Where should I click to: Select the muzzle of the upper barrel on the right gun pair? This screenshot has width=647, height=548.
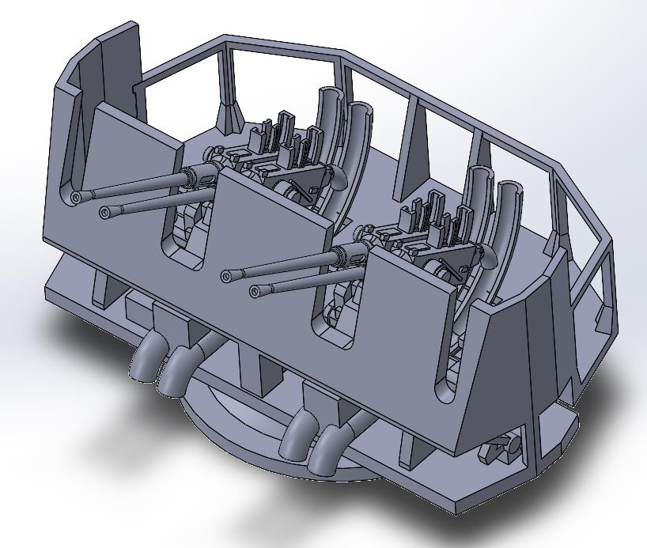click(x=227, y=276)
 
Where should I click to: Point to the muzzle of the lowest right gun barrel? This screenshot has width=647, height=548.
click(x=255, y=292)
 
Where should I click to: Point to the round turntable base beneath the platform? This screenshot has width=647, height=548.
click(x=237, y=411)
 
